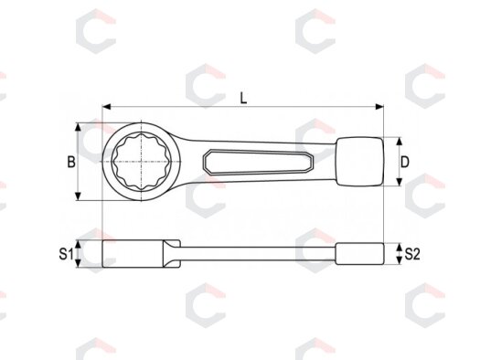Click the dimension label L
tap(243, 98)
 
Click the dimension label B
tap(71, 162)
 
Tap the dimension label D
tap(405, 162)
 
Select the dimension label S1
tap(66, 254)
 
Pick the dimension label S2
tap(412, 254)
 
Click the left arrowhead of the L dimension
tap(106, 107)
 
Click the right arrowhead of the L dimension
tap(379, 107)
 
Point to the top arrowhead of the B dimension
tap(79, 127)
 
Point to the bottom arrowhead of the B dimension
tap(79, 196)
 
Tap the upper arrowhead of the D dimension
tap(399, 142)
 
